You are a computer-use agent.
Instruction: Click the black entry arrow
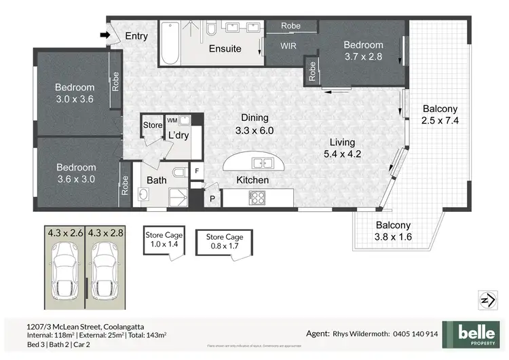point(104,35)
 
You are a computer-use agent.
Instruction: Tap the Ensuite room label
point(225,49)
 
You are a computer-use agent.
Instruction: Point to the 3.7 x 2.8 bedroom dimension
point(363,57)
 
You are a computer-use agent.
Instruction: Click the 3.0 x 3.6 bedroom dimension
point(75,99)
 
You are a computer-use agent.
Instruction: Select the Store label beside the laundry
point(153,125)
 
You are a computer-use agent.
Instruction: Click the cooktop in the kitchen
point(258,198)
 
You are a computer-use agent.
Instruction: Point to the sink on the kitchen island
point(259,163)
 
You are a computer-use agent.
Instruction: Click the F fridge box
point(197,170)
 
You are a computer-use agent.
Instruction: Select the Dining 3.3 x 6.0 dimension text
point(255,130)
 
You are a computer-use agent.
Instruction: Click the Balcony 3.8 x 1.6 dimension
point(394,237)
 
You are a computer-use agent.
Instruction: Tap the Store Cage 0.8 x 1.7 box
point(225,242)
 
